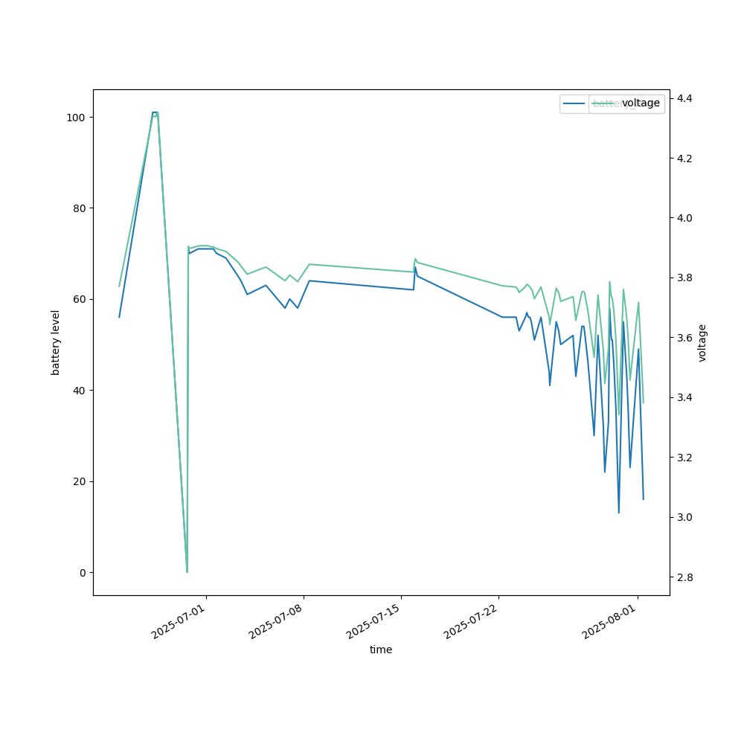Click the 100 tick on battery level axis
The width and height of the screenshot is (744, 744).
pyautogui.click(x=76, y=118)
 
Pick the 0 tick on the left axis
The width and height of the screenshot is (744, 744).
pyautogui.click(x=82, y=572)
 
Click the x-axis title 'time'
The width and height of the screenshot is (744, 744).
pyautogui.click(x=381, y=650)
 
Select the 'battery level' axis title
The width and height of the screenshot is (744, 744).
pyautogui.click(x=56, y=342)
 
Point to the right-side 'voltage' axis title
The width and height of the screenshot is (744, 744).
pyautogui.click(x=702, y=342)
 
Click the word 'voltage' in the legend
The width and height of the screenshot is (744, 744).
pyautogui.click(x=641, y=103)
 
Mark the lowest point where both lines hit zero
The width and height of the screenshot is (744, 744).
pyautogui.click(x=187, y=571)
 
